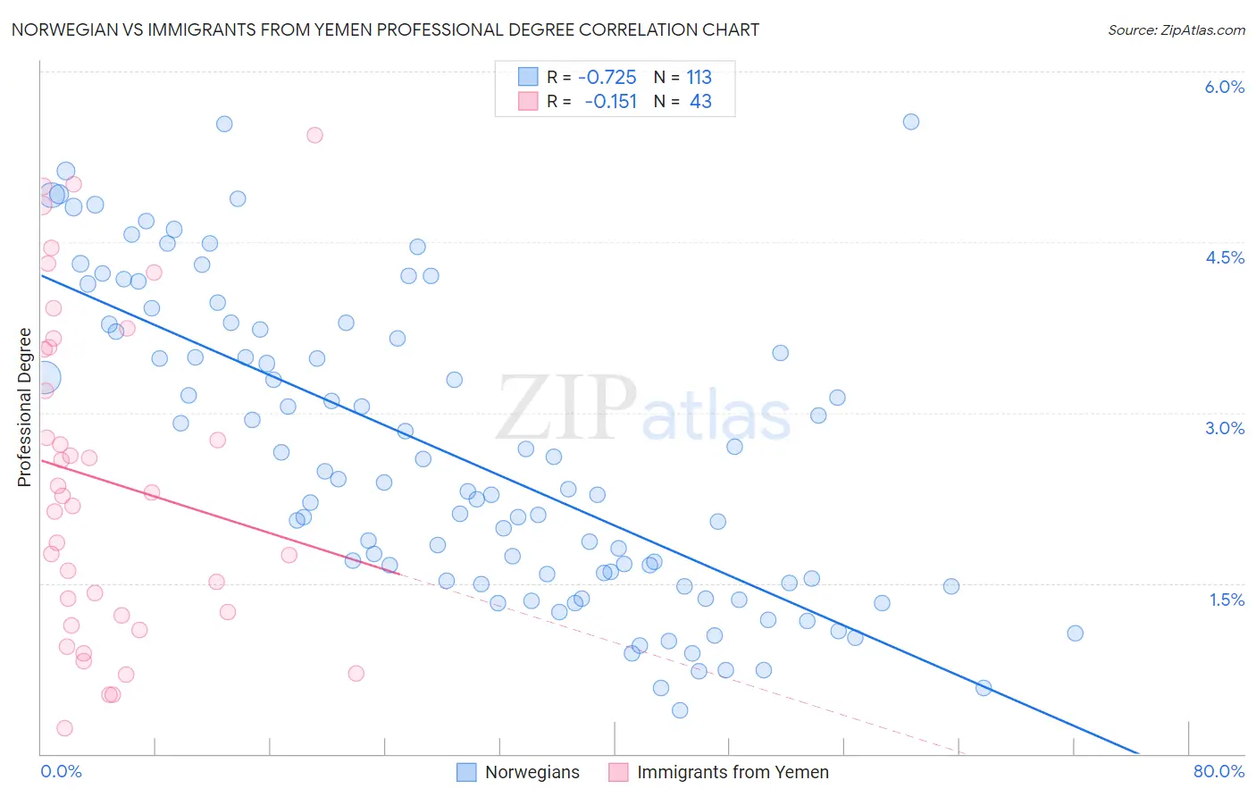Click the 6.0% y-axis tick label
pyautogui.click(x=1224, y=87)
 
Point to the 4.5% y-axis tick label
pyautogui.click(x=1224, y=257)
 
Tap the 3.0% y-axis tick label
pyautogui.click(x=1224, y=428)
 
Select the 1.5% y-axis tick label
pyautogui.click(x=1227, y=600)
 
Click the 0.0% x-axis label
pyautogui.click(x=61, y=771)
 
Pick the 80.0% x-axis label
pyautogui.click(x=1218, y=771)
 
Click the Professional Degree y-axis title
pyautogui.click(x=24, y=407)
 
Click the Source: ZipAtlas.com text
pyautogui.click(x=1176, y=29)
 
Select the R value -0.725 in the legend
pyautogui.click(x=607, y=77)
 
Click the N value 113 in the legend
pyautogui.click(x=699, y=77)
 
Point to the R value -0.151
pyautogui.click(x=610, y=101)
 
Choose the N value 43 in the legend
pyautogui.click(x=700, y=101)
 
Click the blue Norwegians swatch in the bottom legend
pyautogui.click(x=466, y=772)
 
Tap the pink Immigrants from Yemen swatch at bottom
pyautogui.click(x=618, y=772)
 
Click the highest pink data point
pyautogui.click(x=314, y=135)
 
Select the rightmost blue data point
pyautogui.click(x=1075, y=633)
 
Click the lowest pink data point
pyautogui.click(x=64, y=728)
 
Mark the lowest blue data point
pyautogui.click(x=680, y=710)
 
